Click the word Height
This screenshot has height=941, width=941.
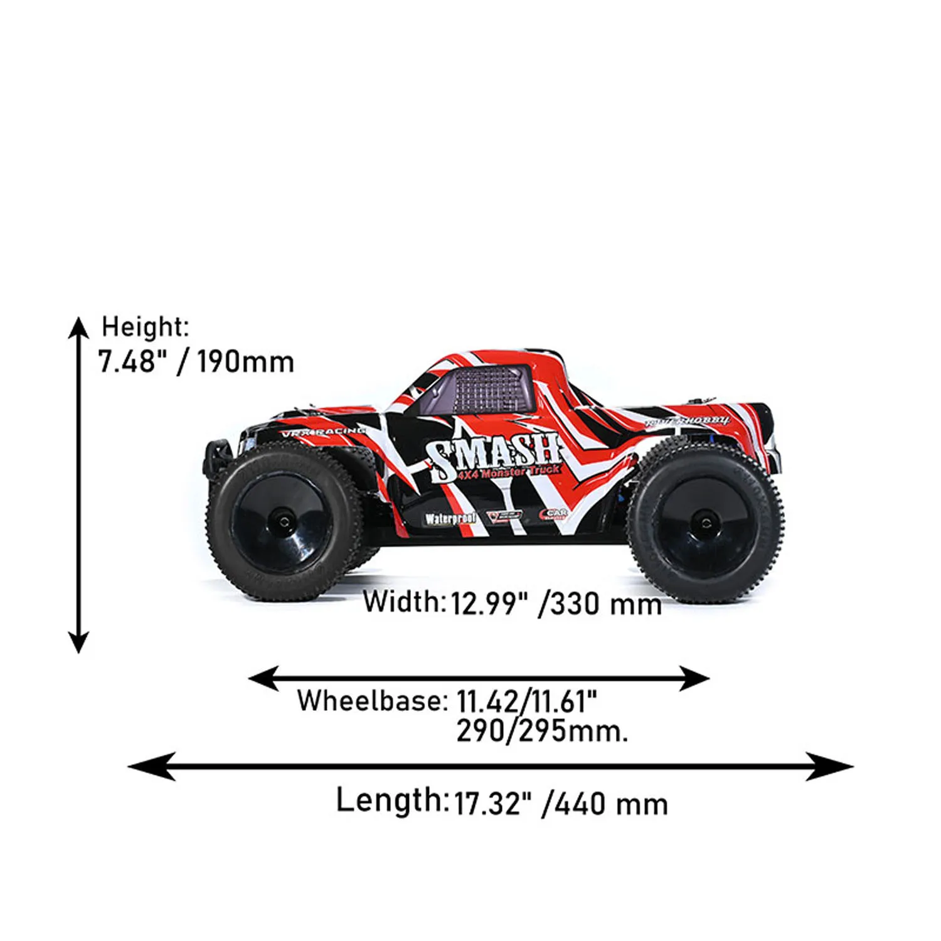click(x=144, y=327)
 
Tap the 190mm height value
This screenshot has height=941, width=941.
click(x=245, y=362)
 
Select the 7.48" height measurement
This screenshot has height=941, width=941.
click(x=134, y=362)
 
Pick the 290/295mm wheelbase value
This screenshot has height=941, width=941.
click(x=542, y=731)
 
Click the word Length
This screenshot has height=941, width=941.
click(x=390, y=800)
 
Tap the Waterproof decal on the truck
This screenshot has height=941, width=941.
click(x=450, y=519)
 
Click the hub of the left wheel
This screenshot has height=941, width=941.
click(x=285, y=521)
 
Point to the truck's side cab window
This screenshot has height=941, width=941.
click(x=489, y=389)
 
